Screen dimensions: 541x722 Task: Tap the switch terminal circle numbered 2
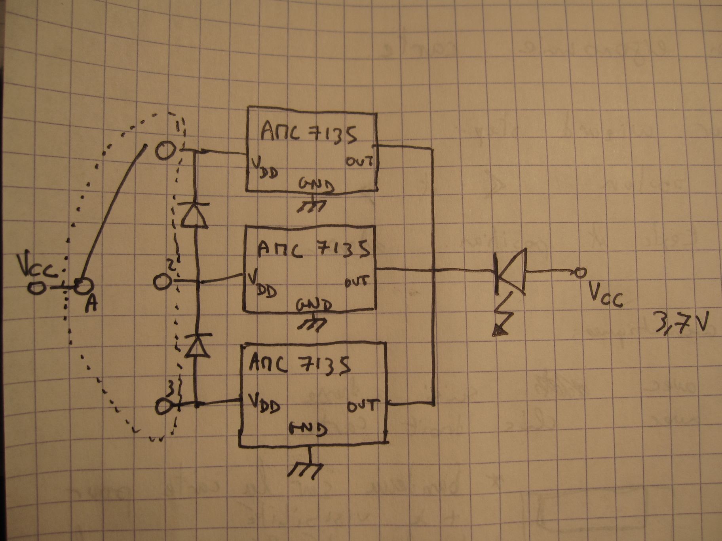coord(161,282)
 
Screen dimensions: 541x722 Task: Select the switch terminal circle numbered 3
coord(163,406)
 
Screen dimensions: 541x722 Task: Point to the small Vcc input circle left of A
coord(36,288)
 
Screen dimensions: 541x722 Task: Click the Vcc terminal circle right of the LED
coord(580,272)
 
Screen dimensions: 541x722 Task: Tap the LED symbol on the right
coord(511,272)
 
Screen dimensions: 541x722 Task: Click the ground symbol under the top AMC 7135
coord(313,206)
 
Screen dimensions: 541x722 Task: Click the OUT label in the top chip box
coord(359,161)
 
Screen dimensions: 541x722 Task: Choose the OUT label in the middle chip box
coord(356,282)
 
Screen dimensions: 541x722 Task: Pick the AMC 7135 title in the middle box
coord(313,250)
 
